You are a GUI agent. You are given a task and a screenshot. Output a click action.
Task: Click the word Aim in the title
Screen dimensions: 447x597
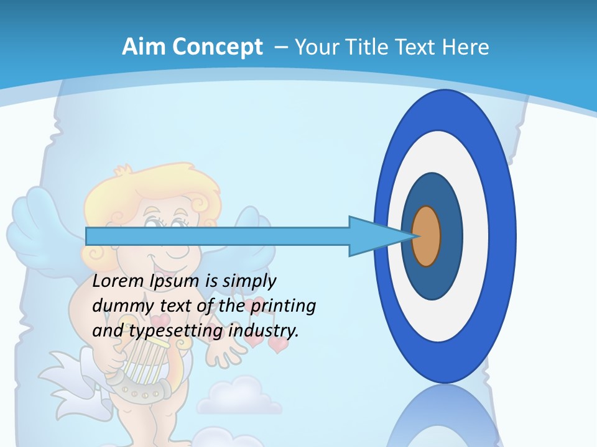click(144, 47)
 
